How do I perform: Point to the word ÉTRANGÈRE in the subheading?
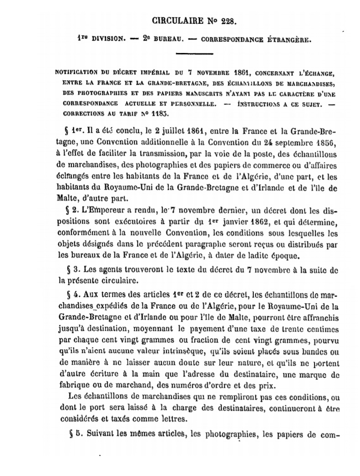[x=286, y=39]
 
